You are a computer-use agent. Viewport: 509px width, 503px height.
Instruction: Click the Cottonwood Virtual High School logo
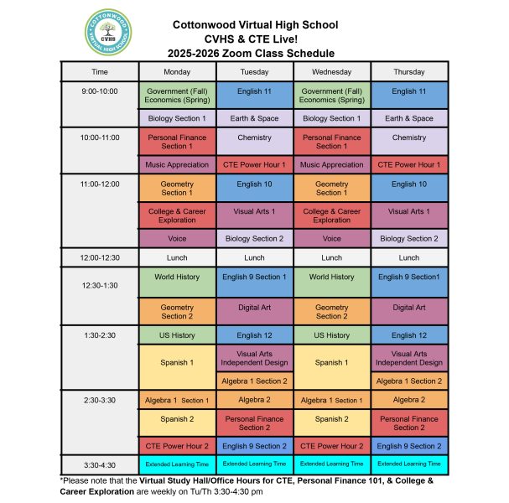(x=107, y=33)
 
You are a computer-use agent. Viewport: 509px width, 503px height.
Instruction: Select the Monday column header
(x=177, y=72)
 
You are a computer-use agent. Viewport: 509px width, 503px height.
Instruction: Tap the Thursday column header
(x=408, y=72)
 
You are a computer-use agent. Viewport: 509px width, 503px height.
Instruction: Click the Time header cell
(x=100, y=72)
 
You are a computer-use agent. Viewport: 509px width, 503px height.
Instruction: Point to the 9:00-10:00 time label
(x=100, y=91)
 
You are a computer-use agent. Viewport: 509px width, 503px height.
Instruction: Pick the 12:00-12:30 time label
(x=100, y=257)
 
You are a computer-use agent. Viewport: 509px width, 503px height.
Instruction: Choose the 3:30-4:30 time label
(x=100, y=463)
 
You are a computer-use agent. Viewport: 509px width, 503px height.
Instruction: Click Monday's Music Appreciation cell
(x=177, y=165)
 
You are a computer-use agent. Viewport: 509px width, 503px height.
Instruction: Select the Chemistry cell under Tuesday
(x=254, y=137)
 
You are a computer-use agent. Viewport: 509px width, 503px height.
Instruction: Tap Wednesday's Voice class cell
(x=331, y=238)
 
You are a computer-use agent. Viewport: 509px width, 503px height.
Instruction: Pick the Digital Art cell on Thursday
(x=408, y=308)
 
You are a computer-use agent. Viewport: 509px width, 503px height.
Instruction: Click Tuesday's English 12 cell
(x=254, y=335)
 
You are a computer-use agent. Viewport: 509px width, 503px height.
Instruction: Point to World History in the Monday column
(x=177, y=277)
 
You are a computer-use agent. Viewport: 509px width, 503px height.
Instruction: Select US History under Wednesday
(x=331, y=335)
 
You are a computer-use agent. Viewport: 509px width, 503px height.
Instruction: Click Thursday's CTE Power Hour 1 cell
(x=408, y=165)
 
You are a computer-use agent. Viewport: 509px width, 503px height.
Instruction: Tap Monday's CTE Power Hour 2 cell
(x=177, y=446)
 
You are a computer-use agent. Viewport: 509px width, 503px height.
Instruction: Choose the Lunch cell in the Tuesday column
(x=254, y=257)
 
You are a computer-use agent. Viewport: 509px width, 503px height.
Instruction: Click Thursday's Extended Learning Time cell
(x=408, y=464)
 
